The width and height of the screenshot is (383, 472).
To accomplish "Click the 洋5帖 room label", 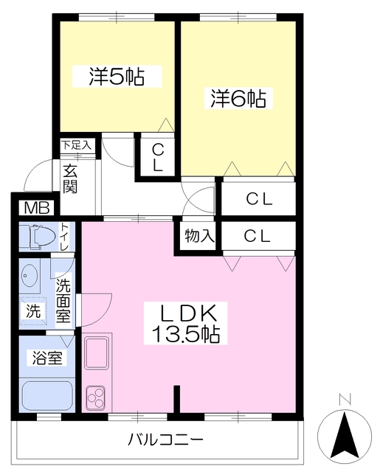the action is tap(117, 77).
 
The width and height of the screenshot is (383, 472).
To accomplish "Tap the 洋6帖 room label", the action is tap(238, 98).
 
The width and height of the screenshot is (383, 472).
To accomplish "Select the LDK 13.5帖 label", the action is tap(186, 323).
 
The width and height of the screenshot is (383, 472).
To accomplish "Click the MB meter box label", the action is tap(37, 208).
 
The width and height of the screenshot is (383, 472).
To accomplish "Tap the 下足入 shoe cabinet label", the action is tap(76, 145).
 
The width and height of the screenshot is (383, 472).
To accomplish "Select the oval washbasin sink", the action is tap(30, 276).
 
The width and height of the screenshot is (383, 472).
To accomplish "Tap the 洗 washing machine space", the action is tap(33, 311).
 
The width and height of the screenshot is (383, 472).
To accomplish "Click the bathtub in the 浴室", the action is tap(47, 396).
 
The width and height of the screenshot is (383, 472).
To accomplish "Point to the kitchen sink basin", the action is tap(97, 353).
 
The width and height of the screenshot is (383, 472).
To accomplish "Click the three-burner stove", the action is tap(96, 398).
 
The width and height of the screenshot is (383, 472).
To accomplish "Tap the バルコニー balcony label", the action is tap(166, 440).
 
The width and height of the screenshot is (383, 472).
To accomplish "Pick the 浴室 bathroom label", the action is tap(47, 358).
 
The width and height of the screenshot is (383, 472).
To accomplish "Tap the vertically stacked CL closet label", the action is tap(157, 157).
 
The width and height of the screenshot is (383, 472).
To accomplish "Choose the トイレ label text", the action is tap(64, 236).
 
